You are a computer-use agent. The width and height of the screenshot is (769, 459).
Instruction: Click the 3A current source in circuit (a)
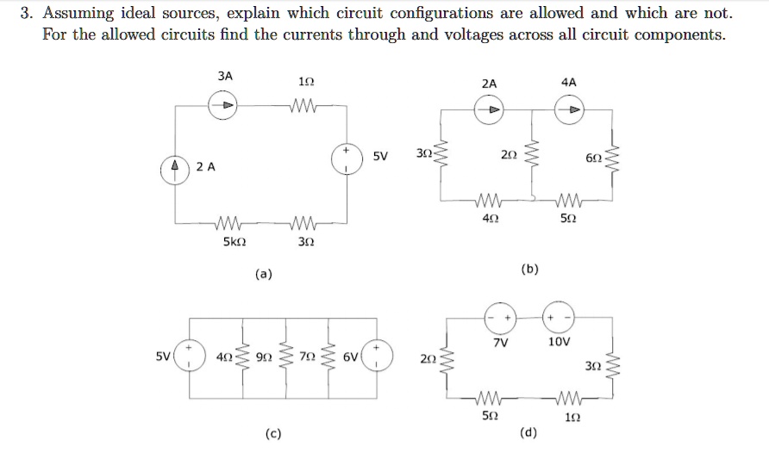coord(225,105)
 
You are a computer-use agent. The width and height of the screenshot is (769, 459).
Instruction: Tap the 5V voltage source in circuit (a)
coord(349,159)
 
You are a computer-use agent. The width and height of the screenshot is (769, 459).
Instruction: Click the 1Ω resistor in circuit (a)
coord(305,106)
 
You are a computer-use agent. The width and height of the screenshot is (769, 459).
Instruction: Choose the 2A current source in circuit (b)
coord(489,109)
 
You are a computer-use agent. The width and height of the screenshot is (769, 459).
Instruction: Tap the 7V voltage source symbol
coord(501,319)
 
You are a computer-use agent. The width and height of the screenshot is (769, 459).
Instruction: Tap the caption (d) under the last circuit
coord(529,431)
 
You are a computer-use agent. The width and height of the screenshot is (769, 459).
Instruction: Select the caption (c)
coord(272,434)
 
